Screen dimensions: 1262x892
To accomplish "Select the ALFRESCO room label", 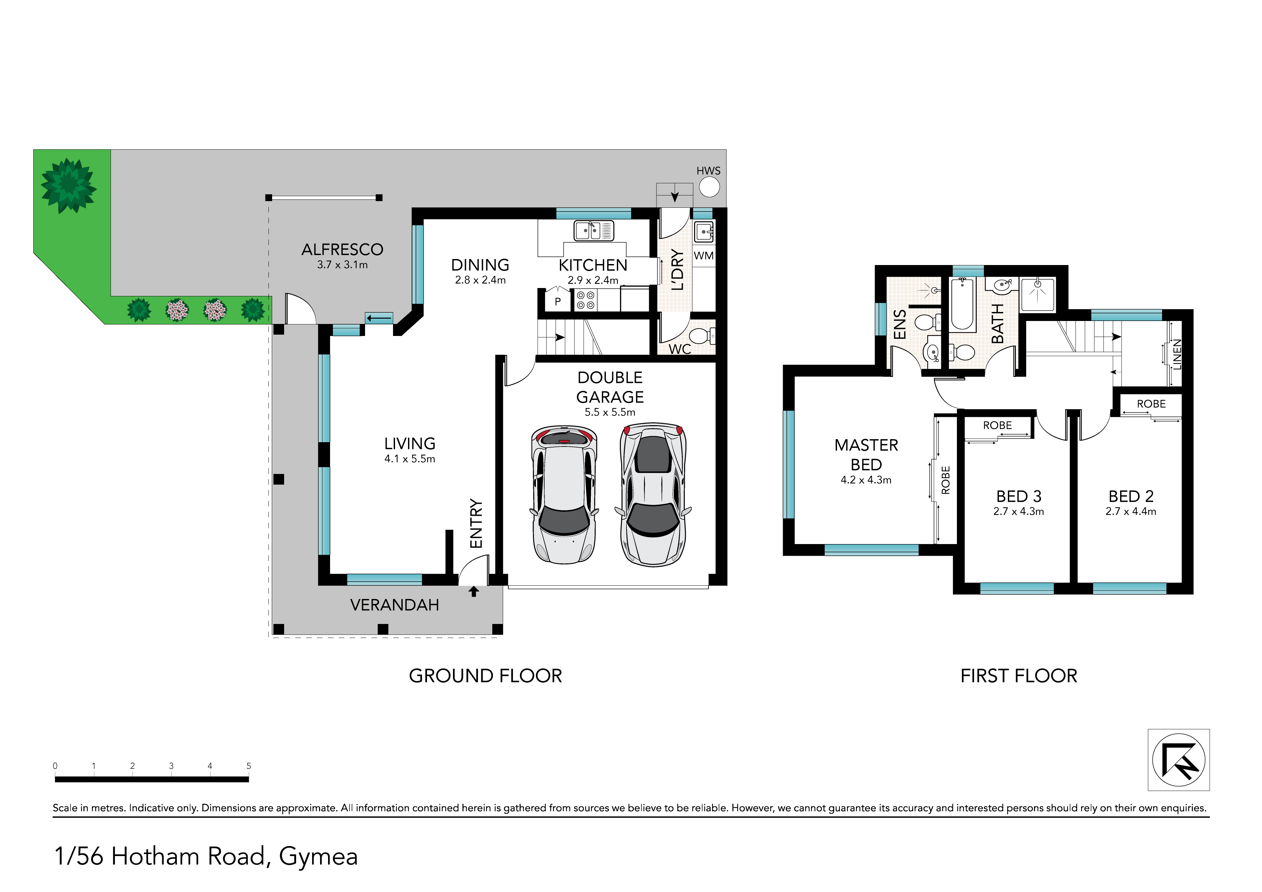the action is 342,249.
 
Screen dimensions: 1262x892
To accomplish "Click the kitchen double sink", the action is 594,231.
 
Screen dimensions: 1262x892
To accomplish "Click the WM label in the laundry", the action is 703,256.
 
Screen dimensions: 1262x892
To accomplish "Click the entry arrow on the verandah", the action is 474,591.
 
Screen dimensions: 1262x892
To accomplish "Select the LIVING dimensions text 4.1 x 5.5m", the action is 409,459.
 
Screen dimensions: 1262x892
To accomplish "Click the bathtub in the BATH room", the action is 963,304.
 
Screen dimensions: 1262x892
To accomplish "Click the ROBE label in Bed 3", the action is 998,426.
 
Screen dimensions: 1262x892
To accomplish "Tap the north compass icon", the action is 1178,760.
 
